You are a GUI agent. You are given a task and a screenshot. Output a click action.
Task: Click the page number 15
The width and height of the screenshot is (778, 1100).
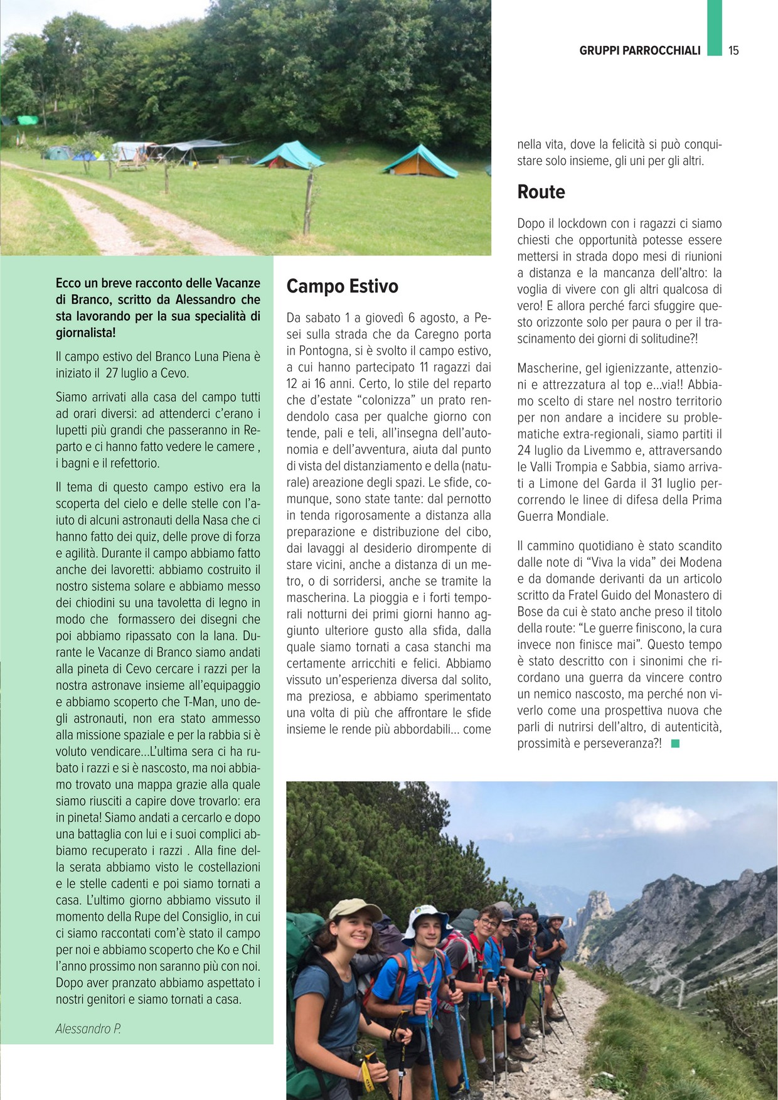[x=733, y=51]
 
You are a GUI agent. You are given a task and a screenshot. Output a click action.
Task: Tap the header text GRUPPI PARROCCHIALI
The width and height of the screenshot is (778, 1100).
[x=639, y=51]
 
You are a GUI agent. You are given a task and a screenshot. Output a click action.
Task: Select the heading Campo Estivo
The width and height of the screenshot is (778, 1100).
[x=342, y=287]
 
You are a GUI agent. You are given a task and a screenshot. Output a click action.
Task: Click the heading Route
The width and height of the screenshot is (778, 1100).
[x=541, y=192]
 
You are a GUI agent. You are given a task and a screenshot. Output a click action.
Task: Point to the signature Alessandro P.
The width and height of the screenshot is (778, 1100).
[x=88, y=1028]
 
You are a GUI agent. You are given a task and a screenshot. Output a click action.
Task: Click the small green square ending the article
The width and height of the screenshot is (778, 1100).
[x=675, y=744]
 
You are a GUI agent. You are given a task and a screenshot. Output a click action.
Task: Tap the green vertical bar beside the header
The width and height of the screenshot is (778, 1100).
[x=715, y=28]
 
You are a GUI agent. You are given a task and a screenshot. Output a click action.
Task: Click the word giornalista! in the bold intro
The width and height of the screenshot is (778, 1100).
[x=85, y=333]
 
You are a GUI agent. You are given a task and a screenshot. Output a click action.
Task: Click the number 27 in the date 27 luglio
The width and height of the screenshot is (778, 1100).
[x=112, y=373]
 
